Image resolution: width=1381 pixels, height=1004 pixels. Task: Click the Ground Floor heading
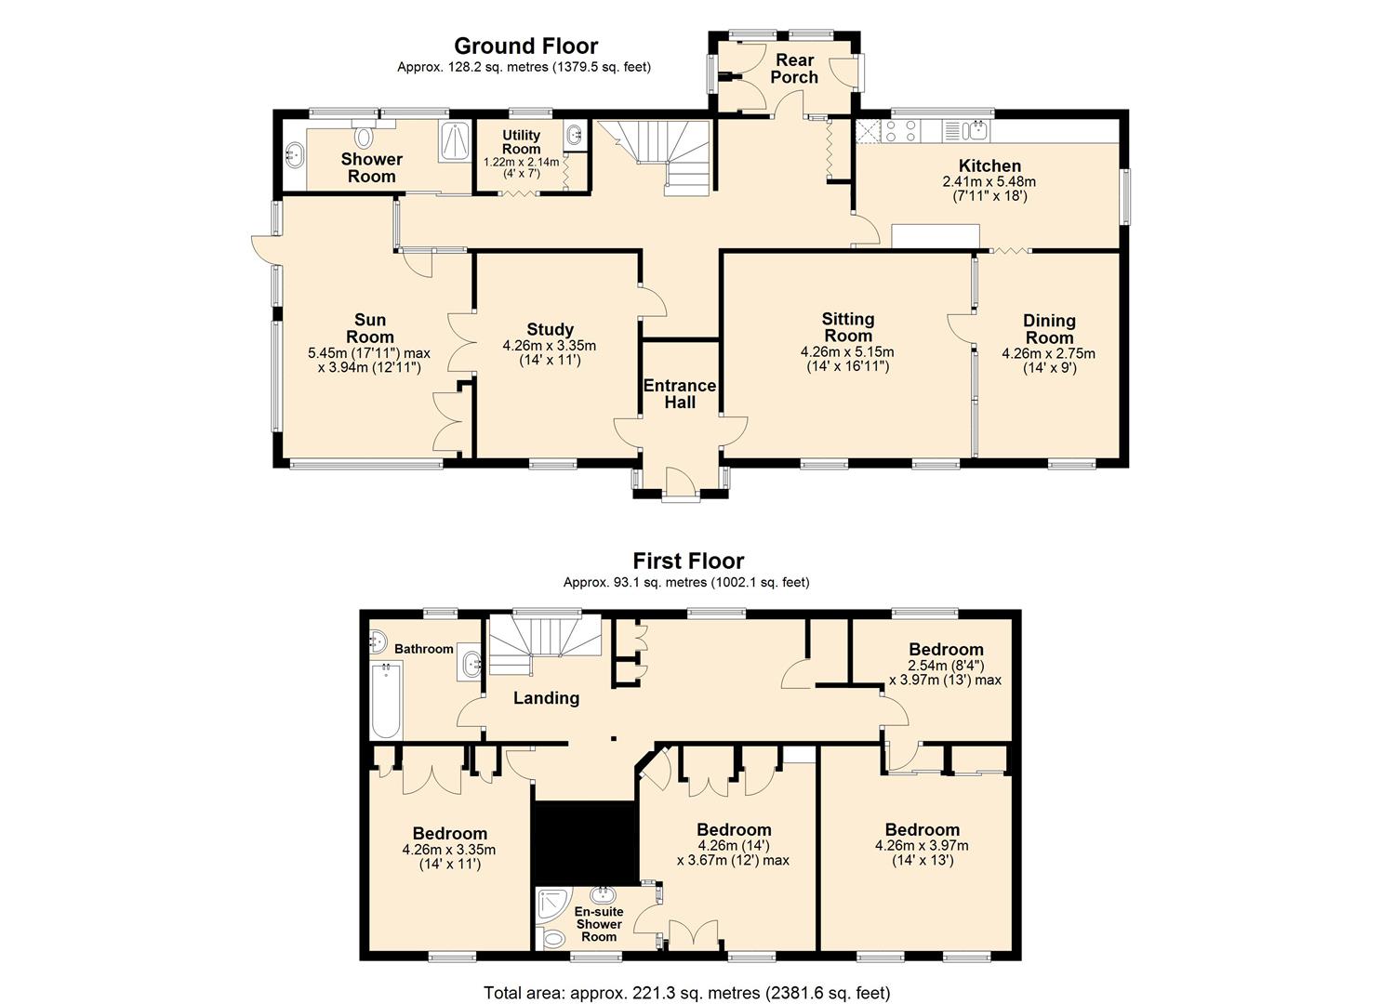[525, 46]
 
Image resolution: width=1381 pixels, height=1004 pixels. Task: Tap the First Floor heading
[688, 561]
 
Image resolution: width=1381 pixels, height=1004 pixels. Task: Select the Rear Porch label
[795, 69]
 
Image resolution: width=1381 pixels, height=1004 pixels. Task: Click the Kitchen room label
[989, 165]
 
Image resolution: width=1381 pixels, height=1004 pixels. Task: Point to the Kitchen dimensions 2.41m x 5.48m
[989, 182]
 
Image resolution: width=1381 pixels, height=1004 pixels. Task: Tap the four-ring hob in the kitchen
[901, 131]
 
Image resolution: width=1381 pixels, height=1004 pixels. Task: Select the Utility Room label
[521, 141]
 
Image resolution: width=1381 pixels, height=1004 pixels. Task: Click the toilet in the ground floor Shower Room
[365, 134]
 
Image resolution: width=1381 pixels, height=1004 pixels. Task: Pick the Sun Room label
[370, 328]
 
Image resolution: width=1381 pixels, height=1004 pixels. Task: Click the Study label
[550, 330]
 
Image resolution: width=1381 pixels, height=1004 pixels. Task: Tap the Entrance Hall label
[680, 394]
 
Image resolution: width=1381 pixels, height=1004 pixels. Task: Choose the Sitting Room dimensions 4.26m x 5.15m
[847, 352]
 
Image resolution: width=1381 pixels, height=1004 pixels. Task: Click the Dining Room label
[1049, 329]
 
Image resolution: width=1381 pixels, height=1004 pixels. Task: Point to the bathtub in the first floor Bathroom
[387, 699]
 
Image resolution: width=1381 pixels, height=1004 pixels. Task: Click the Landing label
[546, 697]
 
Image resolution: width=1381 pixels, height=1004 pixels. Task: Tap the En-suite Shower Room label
[599, 924]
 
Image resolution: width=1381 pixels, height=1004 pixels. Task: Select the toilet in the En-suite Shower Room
[552, 939]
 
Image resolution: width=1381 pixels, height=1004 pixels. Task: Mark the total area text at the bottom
[687, 993]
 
